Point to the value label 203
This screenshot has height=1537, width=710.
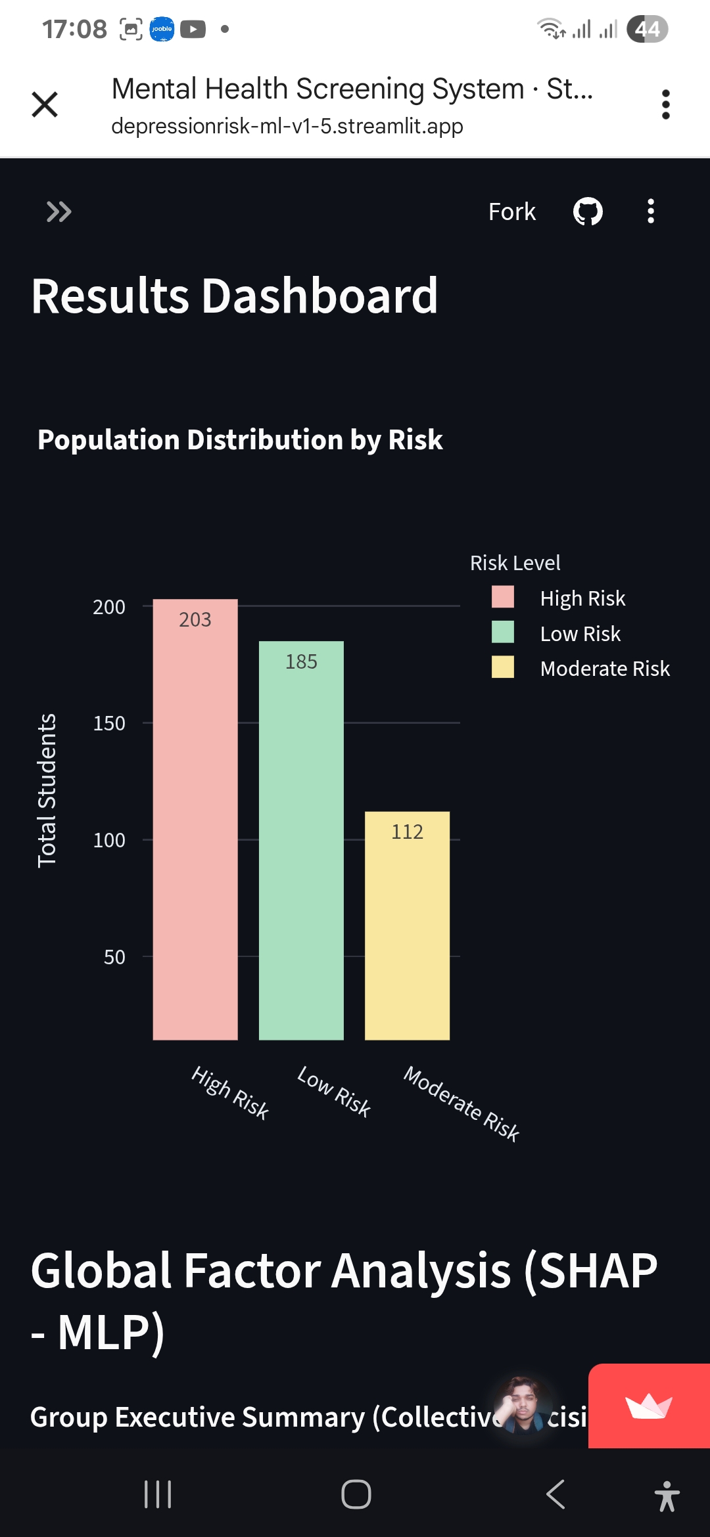[195, 619]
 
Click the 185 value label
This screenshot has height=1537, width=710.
[301, 661]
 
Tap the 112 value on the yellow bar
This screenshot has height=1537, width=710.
[407, 832]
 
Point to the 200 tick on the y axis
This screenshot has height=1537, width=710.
[109, 607]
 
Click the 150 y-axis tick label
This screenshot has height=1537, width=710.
[109, 723]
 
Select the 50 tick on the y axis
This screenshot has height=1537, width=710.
[114, 957]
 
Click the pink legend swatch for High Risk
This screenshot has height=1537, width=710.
[503, 597]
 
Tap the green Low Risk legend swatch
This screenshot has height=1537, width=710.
[503, 632]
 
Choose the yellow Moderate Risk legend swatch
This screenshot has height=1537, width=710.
[503, 667]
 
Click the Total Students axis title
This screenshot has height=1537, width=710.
[47, 790]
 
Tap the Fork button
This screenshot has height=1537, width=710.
[511, 212]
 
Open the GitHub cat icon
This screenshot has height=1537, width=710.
[588, 212]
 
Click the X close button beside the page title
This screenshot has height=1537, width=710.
[45, 104]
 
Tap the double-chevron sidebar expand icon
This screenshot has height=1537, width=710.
[59, 212]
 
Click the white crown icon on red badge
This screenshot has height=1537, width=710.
[648, 1406]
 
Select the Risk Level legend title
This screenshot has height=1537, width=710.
[515, 563]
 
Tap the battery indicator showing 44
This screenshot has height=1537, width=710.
[647, 29]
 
